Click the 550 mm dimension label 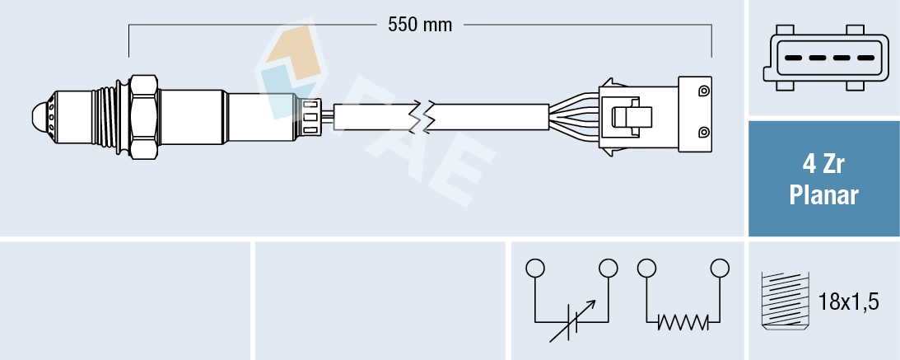421,25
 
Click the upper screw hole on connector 703,90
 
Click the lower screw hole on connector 703,133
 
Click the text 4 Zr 823,166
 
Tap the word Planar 823,195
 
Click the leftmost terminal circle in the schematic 535,268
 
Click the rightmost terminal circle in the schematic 720,268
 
